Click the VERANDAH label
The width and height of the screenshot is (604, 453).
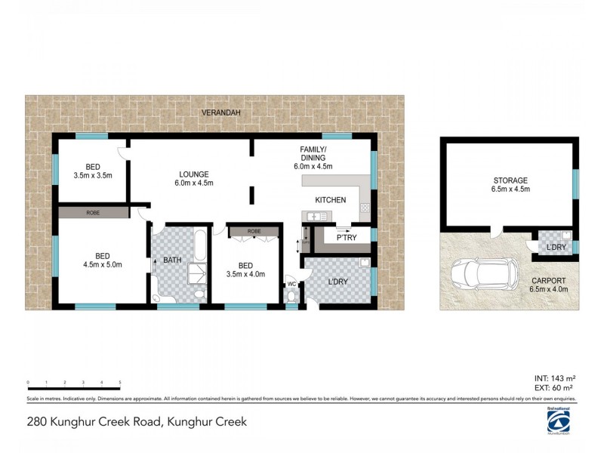(x=220, y=112)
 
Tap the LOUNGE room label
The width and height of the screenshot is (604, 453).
(x=194, y=173)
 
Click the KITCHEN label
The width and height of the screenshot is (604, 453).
(x=331, y=200)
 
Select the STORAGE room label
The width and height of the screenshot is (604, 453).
(x=510, y=180)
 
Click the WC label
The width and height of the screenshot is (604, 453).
(x=291, y=285)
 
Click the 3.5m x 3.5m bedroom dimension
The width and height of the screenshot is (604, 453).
(x=93, y=175)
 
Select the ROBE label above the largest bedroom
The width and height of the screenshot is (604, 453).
(x=93, y=213)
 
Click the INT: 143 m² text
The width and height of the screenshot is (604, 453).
(x=554, y=377)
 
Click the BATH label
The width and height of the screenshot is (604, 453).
(x=171, y=260)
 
